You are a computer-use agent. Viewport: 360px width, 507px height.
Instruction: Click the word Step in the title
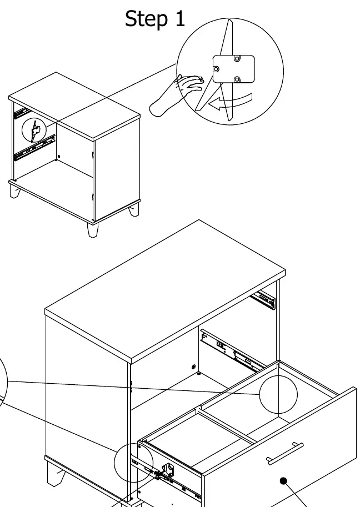pos(146,19)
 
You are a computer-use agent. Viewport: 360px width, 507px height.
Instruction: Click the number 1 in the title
pos(180,18)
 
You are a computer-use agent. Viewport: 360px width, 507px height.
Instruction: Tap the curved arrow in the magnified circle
pos(230,102)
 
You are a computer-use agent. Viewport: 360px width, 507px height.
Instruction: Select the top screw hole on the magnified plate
pos(237,58)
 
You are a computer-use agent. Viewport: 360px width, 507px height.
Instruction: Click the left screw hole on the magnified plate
pos(216,69)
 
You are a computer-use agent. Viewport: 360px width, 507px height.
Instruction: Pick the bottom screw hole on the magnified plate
pos(237,79)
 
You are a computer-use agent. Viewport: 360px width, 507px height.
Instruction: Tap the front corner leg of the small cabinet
pos(93,230)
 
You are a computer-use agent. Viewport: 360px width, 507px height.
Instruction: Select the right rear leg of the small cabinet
pos(134,210)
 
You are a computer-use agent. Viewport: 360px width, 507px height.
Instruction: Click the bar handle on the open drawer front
pos(284,453)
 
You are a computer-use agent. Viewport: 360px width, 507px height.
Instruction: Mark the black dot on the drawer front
pos(283,481)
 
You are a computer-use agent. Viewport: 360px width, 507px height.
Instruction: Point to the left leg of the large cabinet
pos(55,474)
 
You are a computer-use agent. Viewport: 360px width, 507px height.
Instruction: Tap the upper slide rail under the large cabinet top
pos(263,300)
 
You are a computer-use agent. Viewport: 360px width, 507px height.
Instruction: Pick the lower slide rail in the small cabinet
pos(34,148)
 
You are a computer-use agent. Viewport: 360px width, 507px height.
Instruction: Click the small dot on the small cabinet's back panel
pos(58,157)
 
